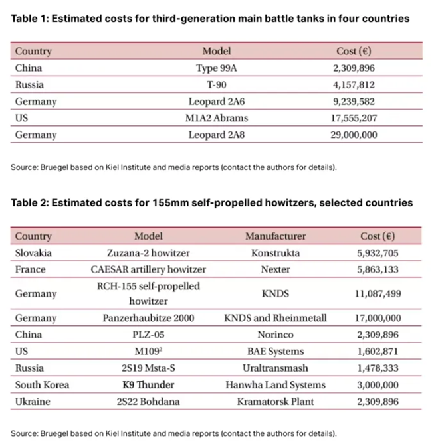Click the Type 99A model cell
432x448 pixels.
(216, 68)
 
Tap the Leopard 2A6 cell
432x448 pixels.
(216, 102)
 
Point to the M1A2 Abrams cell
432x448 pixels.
(216, 118)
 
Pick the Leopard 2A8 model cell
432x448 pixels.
(216, 135)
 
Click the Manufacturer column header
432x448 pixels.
(275, 236)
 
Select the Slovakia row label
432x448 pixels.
(33, 253)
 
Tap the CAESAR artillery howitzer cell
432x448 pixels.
(148, 269)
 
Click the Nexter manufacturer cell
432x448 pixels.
(275, 269)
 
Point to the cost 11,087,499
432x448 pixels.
(377, 293)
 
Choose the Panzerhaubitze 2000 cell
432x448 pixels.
(148, 318)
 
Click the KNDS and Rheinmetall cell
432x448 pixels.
(275, 318)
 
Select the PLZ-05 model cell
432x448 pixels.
(148, 335)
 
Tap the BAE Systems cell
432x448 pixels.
(275, 351)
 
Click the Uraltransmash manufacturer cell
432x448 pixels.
(275, 368)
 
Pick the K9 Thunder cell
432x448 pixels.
(148, 385)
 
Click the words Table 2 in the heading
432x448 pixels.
(29, 202)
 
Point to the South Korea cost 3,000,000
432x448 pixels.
(377, 385)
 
